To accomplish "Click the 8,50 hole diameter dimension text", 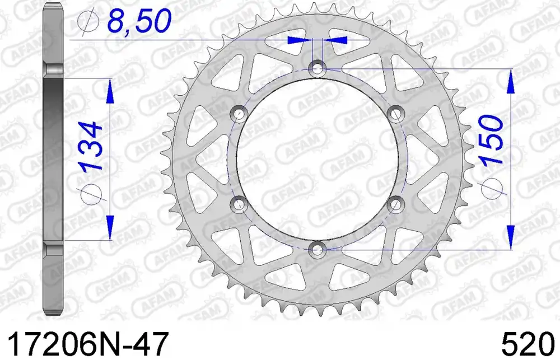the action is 139,21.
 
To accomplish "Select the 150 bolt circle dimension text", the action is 492,140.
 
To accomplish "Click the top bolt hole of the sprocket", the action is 317,68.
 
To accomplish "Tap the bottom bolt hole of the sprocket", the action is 317,249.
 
